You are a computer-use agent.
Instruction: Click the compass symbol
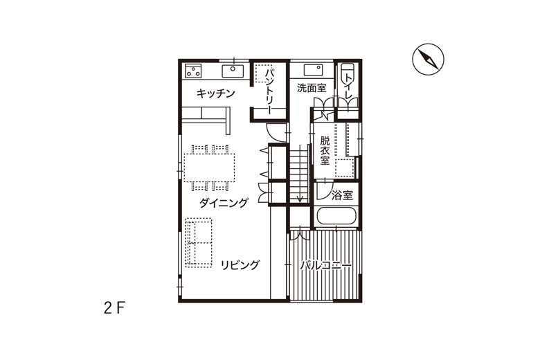(x=428, y=60)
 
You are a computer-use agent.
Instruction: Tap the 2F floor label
(x=114, y=308)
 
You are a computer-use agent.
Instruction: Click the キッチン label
(x=215, y=93)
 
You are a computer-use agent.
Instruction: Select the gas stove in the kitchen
(x=193, y=71)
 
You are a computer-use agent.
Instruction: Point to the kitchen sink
(x=233, y=71)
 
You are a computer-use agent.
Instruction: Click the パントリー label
(x=270, y=91)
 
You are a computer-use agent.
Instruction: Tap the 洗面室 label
(x=312, y=88)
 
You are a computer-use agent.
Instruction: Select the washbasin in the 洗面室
(x=314, y=70)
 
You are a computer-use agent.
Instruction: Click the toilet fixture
(x=347, y=73)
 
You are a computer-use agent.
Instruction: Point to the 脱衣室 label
(x=325, y=150)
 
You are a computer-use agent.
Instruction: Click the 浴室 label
(x=342, y=196)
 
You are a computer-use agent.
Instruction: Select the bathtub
(x=336, y=216)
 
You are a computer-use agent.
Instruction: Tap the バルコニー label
(x=326, y=266)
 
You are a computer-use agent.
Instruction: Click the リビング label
(x=240, y=265)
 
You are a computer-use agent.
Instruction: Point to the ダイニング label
(x=224, y=203)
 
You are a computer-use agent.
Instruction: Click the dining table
(x=209, y=168)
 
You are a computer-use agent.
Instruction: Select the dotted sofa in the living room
(x=199, y=242)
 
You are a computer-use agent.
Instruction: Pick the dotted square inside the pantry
(x=263, y=73)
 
